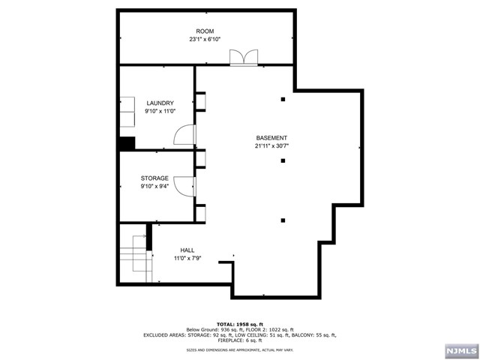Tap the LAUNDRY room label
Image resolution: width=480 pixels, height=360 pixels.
(160, 103)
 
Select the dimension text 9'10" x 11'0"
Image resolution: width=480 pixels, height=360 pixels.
(160, 111)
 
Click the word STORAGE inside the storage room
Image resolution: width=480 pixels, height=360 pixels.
(154, 178)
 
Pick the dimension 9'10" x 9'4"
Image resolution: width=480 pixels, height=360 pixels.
(154, 187)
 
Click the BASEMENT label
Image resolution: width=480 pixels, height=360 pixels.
(271, 138)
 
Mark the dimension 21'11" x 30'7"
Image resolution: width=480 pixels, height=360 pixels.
(271, 146)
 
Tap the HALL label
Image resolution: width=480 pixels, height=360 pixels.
(187, 250)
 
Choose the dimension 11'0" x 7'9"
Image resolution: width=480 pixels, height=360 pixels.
(187, 259)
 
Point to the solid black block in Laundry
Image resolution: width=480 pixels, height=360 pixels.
(126, 143)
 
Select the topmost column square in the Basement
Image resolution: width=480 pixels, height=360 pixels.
(283, 99)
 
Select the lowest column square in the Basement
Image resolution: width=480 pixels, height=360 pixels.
(283, 220)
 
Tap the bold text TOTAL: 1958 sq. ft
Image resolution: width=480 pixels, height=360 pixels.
(240, 323)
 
